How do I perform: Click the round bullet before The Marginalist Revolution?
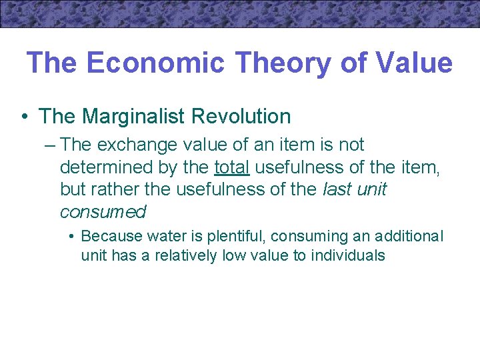[x=24, y=117]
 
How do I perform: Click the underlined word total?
[x=231, y=167]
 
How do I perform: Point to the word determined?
[x=103, y=167]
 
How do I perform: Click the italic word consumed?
[x=103, y=212]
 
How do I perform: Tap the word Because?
[x=108, y=236]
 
